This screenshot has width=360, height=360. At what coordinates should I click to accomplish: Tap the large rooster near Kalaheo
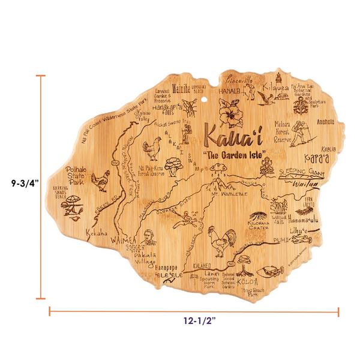(x=216, y=242)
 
